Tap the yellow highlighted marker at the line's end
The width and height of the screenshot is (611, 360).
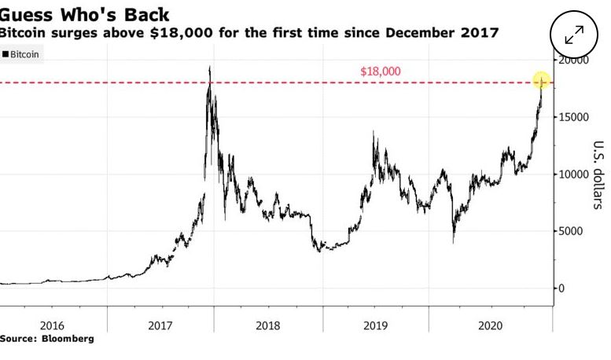click(542, 81)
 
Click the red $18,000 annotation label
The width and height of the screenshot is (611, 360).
click(381, 72)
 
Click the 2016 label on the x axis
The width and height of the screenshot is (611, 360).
click(52, 325)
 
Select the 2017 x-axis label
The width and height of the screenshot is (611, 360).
click(160, 325)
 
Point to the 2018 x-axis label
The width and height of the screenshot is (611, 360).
click(267, 325)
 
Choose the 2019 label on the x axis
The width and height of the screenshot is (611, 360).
click(375, 325)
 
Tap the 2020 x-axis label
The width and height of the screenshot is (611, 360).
click(483, 325)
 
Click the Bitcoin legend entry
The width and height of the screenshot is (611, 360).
click(24, 54)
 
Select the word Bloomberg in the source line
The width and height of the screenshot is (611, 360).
click(68, 339)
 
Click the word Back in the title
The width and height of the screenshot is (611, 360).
click(142, 14)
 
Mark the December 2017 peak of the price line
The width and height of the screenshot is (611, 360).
click(209, 68)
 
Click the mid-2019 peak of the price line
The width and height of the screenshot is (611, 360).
click(373, 132)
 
